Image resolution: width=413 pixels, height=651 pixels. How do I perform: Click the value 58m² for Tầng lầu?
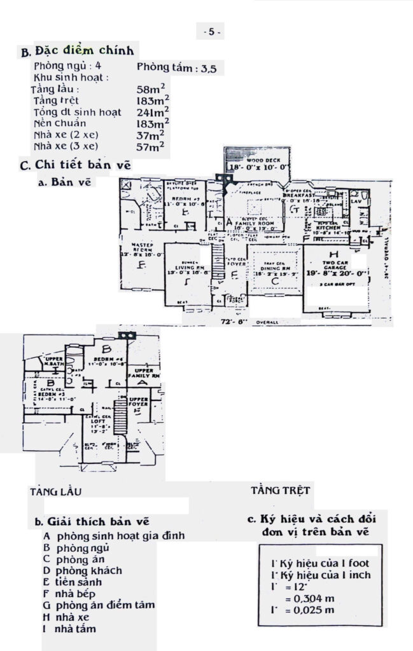click(x=151, y=90)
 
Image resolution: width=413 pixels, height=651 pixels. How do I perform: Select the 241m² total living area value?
click(x=153, y=113)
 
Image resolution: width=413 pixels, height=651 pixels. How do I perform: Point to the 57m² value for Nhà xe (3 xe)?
click(x=151, y=147)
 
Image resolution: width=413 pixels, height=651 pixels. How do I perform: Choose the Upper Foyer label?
click(x=139, y=402)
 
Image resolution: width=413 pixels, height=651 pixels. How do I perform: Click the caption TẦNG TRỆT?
click(x=281, y=490)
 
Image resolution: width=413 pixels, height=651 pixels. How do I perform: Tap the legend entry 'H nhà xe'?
click(x=66, y=616)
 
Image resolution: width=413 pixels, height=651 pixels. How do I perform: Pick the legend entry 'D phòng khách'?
click(x=83, y=570)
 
